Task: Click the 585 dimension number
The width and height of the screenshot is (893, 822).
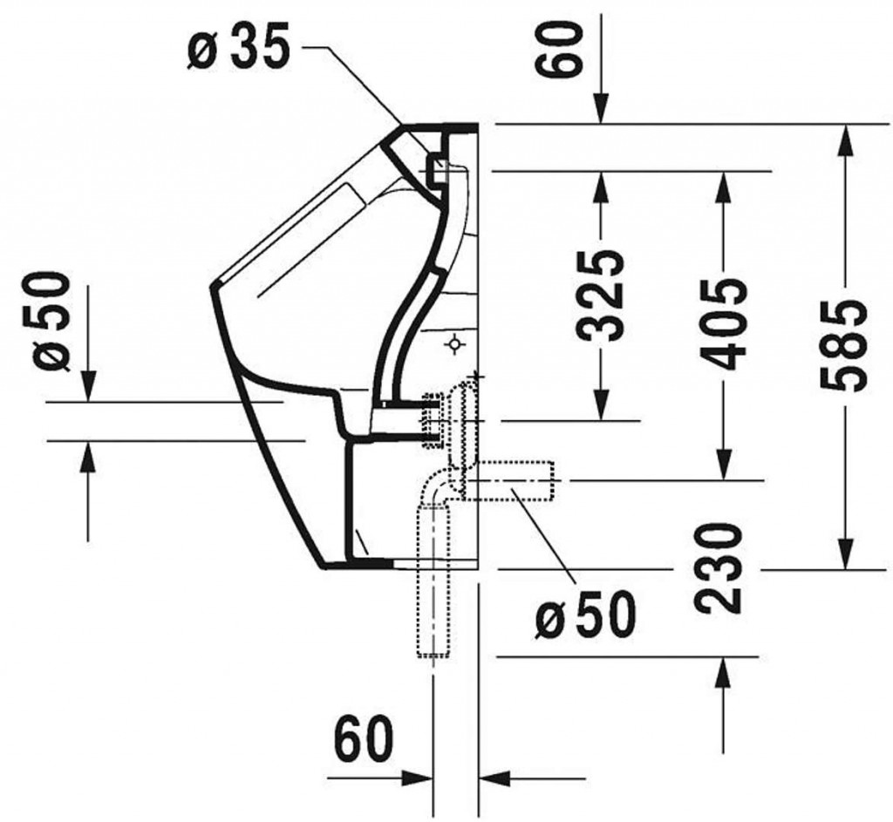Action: (x=843, y=344)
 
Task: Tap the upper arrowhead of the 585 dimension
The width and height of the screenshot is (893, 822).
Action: (x=845, y=139)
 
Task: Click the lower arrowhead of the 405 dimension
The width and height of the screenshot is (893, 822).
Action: (x=723, y=465)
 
